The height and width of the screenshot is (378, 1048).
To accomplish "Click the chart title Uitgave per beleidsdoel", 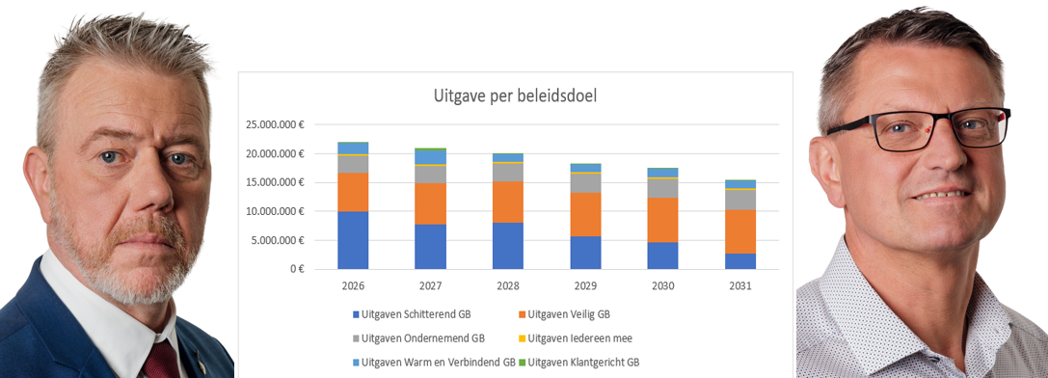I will pos(515,96).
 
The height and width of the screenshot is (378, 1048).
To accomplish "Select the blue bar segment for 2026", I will pos(353,239).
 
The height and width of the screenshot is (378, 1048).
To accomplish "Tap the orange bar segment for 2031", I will pos(740,231).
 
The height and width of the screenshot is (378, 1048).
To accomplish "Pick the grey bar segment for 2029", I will pos(585,182).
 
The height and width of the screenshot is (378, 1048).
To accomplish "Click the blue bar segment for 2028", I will pos(508,245).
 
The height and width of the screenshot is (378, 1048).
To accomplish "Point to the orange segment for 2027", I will pos(430,203).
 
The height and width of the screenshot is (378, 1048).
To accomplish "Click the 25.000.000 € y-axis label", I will pos(275,125).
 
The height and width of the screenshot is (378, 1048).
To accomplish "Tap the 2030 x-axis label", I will pos(662,286).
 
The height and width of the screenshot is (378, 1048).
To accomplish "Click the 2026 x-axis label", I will pos(353,286).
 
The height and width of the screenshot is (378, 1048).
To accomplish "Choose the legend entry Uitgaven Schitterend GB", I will pos(423,314).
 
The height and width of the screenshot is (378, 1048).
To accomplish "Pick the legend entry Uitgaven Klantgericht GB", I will pos(586,363).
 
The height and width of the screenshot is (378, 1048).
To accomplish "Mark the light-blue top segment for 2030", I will pos(662,173).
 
